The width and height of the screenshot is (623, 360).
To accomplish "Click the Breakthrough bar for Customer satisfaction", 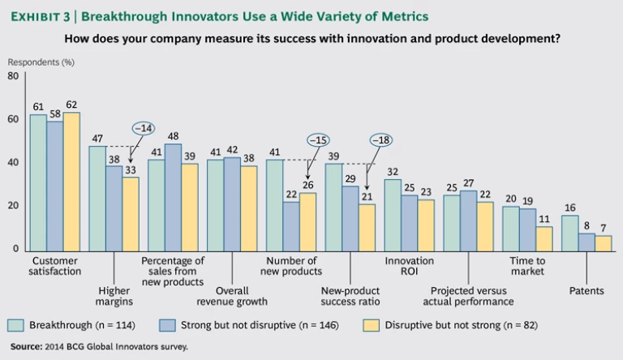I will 38,182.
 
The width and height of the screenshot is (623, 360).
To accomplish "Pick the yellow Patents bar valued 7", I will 603,242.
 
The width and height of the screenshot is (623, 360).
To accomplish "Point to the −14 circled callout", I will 143,128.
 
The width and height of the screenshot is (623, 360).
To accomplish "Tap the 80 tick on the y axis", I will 13,76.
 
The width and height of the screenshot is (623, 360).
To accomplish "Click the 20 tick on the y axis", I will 13,206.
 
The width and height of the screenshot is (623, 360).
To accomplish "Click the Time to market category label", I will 527,267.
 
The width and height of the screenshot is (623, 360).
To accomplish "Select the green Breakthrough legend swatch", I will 15,325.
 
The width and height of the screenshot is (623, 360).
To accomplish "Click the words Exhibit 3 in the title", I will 38,15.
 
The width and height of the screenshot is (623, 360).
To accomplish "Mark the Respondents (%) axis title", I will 41,62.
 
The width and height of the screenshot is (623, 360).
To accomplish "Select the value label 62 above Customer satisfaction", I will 71,105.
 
